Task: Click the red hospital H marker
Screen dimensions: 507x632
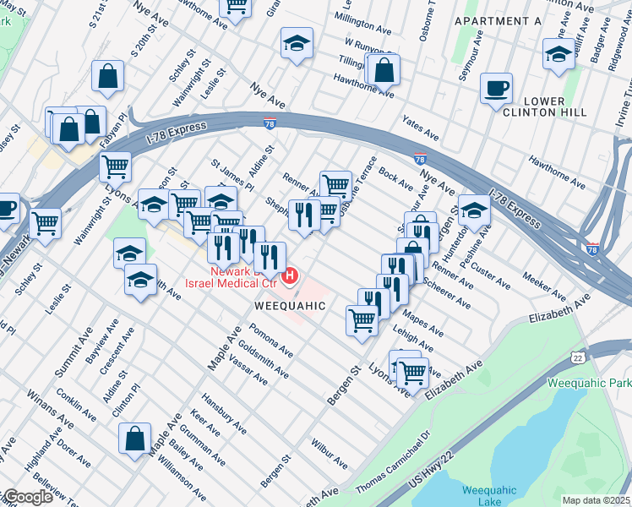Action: coord(291,275)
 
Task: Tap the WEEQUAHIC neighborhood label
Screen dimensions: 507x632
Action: coord(287,306)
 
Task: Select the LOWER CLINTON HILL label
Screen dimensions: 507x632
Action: coord(532,107)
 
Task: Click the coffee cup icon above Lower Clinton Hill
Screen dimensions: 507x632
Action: coord(496,88)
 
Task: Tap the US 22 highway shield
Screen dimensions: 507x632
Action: coord(578,358)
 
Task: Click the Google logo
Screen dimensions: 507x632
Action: coord(27,497)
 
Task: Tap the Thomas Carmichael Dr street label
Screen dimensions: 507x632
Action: coord(393,462)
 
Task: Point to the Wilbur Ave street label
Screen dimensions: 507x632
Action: coord(329,453)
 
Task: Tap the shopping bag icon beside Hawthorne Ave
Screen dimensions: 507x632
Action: coord(384,71)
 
